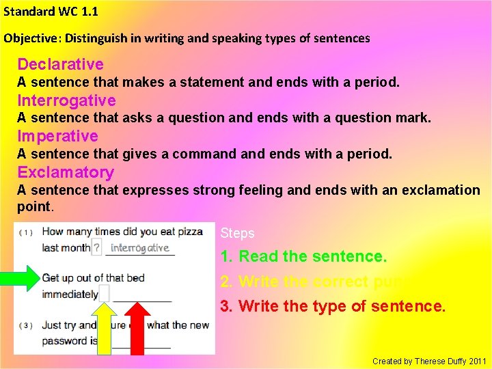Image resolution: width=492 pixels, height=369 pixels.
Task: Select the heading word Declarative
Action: tap(60, 65)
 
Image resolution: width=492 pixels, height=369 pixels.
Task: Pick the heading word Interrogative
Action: tap(66, 101)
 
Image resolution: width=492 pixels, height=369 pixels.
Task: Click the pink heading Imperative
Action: tap(57, 136)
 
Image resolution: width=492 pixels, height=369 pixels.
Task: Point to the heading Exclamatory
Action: tap(66, 172)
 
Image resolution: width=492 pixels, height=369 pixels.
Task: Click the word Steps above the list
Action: tap(237, 233)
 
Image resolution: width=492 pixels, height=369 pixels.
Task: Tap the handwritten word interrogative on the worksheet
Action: tap(139, 248)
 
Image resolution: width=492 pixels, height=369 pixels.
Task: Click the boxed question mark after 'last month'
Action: tap(96, 247)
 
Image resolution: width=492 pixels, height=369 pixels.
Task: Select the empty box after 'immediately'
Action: tap(105, 294)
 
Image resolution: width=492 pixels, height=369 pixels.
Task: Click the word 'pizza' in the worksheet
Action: tap(189, 232)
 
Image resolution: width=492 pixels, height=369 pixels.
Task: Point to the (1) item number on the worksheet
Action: tap(25, 232)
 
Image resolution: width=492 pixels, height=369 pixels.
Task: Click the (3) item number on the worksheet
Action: tap(25, 326)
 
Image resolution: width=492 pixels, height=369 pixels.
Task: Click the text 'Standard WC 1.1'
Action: tap(51, 12)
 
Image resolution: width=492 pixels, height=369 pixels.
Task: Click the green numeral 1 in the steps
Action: tap(225, 257)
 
